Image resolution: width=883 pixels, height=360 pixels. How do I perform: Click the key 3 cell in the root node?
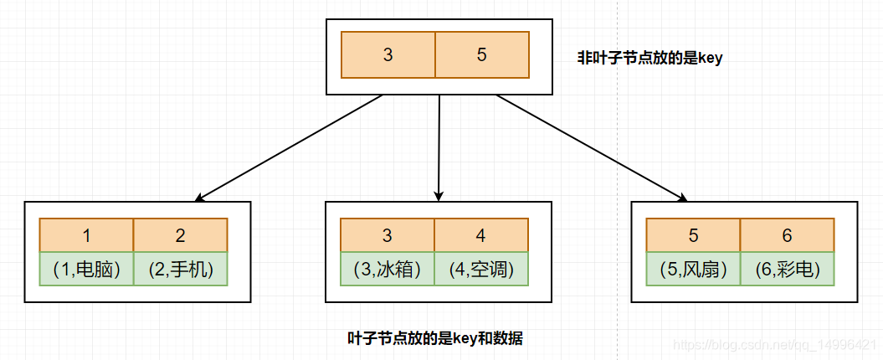click(x=388, y=55)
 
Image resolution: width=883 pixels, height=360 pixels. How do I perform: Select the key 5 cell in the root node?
click(x=482, y=55)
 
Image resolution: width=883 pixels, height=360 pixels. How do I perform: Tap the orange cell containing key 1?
click(x=86, y=235)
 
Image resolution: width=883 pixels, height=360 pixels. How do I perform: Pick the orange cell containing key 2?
click(x=180, y=235)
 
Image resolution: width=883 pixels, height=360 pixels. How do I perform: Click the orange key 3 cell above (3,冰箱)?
click(x=388, y=235)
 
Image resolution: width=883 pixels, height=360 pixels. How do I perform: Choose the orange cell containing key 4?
click(x=481, y=235)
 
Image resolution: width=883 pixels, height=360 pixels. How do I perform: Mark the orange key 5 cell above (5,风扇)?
click(x=694, y=235)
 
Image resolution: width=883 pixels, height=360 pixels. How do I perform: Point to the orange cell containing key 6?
click(x=787, y=235)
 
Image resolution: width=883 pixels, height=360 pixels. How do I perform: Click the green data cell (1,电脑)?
click(x=86, y=269)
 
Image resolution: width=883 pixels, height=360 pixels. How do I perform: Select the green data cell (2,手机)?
click(x=180, y=269)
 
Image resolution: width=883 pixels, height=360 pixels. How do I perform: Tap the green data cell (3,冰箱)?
click(x=388, y=269)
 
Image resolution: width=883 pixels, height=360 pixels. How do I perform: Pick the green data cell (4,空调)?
click(x=481, y=269)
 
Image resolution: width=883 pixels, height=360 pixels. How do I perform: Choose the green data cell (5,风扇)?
click(x=694, y=269)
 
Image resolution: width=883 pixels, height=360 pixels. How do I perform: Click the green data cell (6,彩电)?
click(x=787, y=269)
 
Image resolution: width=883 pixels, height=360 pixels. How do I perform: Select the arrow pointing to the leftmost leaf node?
click(x=289, y=148)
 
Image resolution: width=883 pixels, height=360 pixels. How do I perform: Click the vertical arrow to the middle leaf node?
click(x=439, y=148)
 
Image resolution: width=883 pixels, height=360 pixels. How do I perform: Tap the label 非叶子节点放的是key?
click(x=649, y=59)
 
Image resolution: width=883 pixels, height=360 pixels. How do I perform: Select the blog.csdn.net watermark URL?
click(x=775, y=345)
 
